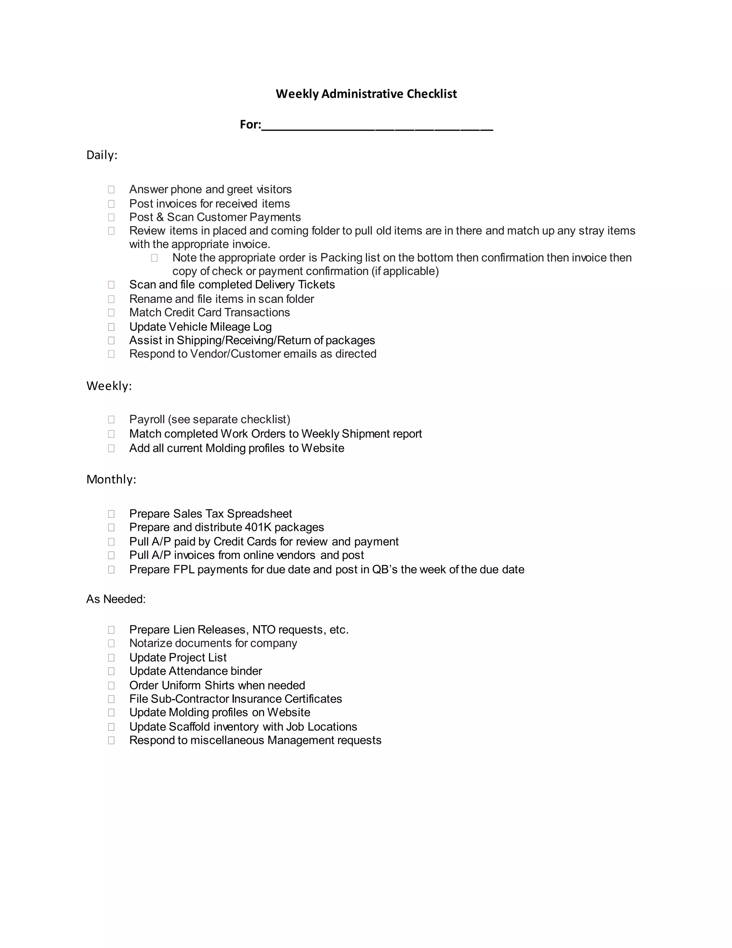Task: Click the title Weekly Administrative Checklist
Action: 366,94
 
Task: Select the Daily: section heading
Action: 102,155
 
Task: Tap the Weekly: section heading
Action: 109,386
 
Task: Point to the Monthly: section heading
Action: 111,479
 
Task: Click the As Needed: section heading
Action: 116,599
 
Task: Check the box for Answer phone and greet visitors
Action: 112,190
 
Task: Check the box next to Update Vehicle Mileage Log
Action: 112,327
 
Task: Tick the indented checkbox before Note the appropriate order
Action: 154,258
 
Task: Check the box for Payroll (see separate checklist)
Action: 112,420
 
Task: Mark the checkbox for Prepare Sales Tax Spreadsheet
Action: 112,514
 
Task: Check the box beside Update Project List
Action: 112,658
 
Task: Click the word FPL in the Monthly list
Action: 183,570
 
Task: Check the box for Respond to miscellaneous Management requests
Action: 112,741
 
